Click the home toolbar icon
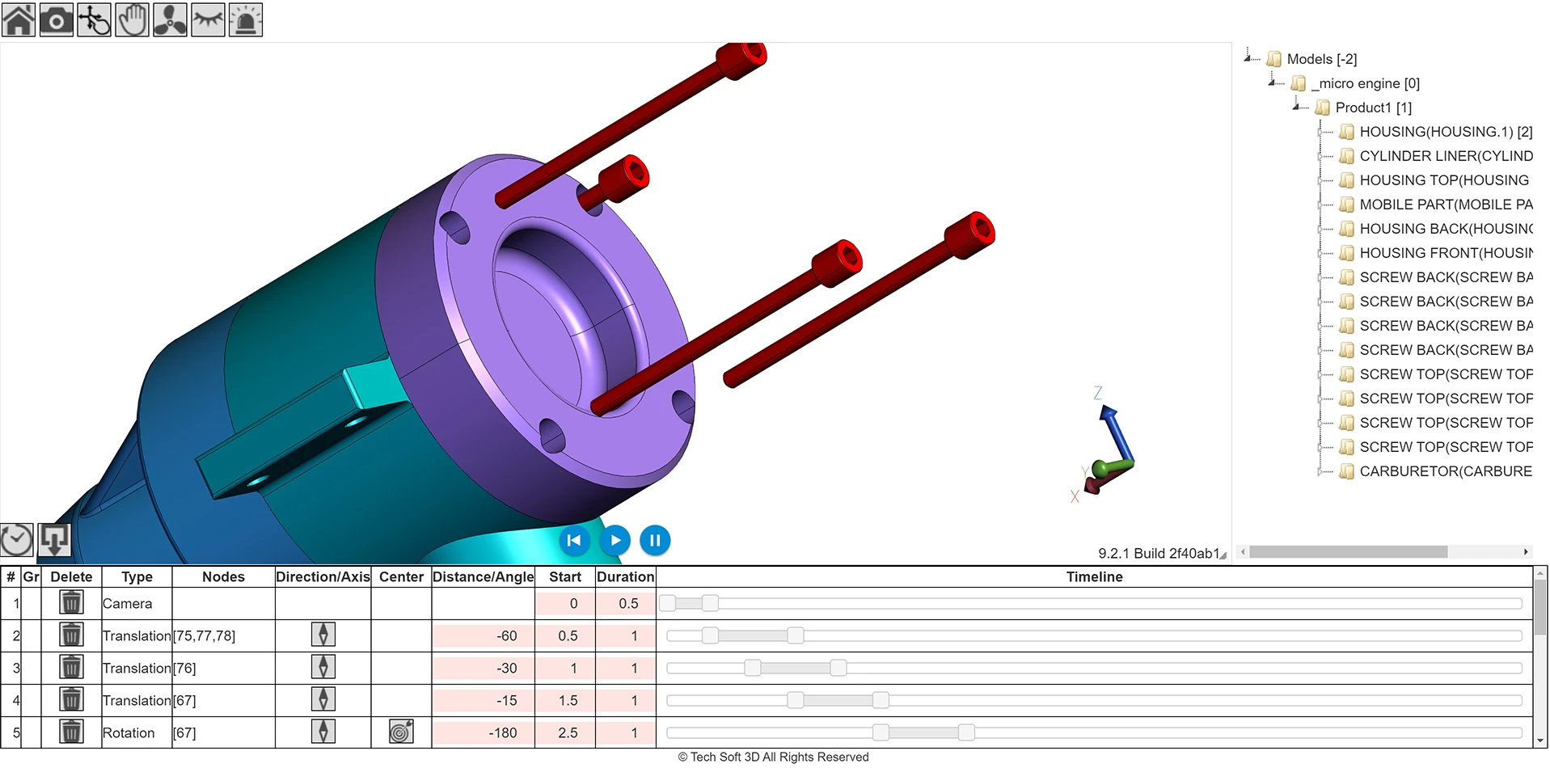click(18, 20)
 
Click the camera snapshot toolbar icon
click(56, 20)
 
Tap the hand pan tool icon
click(132, 20)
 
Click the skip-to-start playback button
click(574, 540)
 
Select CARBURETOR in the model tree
click(1445, 471)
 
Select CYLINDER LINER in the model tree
click(1445, 156)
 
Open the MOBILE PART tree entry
click(1445, 205)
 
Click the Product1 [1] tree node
click(1373, 108)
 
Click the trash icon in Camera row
click(71, 602)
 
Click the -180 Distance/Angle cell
click(484, 732)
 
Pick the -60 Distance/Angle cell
click(484, 635)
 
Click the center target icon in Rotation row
click(401, 732)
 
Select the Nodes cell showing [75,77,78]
click(205, 635)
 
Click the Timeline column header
click(1093, 576)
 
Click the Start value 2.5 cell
click(565, 732)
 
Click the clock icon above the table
click(16, 539)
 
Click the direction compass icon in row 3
click(323, 667)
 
